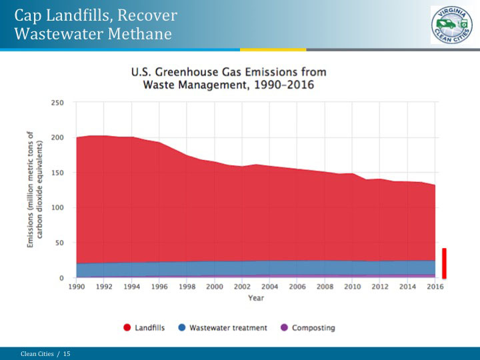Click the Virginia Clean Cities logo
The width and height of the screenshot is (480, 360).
(451, 25)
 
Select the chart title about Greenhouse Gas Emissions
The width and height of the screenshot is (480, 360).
(229, 78)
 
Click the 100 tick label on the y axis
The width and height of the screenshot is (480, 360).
(57, 208)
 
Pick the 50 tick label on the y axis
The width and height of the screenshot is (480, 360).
(59, 243)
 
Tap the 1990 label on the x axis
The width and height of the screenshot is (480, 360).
(76, 287)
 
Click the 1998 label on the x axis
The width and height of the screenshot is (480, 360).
(187, 287)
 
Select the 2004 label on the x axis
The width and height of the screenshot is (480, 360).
(269, 287)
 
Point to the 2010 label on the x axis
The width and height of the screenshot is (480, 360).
(352, 287)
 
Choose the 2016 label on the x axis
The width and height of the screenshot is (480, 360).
(435, 287)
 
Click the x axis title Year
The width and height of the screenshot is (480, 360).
(256, 298)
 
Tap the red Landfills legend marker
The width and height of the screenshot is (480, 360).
(127, 328)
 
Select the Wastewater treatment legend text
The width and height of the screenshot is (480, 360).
(228, 328)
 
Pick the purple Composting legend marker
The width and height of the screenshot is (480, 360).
(284, 328)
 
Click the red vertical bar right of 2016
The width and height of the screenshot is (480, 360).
(444, 263)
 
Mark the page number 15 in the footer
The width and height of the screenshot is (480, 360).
(67, 353)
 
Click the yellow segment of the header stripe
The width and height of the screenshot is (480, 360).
(273, 49)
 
